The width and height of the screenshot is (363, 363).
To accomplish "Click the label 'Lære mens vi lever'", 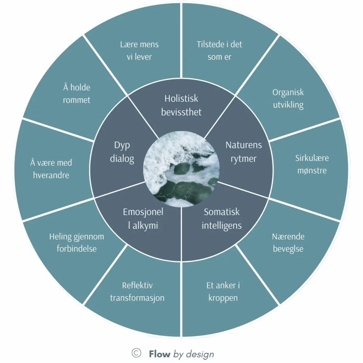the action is pyautogui.click(x=139, y=51).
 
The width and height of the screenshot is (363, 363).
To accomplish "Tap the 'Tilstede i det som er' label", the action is pyautogui.click(x=219, y=51).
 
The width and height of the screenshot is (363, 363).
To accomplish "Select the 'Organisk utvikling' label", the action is pyautogui.click(x=288, y=98).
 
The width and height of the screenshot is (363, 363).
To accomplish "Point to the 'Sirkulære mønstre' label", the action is pyautogui.click(x=312, y=164).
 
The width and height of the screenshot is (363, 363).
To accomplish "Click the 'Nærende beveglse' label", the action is pyautogui.click(x=288, y=242).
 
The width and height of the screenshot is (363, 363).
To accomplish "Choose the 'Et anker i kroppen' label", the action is pyautogui.click(x=223, y=292).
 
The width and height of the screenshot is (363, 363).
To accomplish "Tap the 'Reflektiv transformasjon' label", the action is pyautogui.click(x=137, y=292).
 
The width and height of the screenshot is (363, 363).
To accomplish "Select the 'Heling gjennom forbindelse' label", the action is pyautogui.click(x=76, y=242).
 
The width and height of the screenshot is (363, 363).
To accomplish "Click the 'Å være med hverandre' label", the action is pyautogui.click(x=51, y=169).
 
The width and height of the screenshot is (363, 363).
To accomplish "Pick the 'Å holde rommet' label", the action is pyautogui.click(x=76, y=93).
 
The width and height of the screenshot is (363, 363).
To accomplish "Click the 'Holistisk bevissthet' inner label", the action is pyautogui.click(x=181, y=105).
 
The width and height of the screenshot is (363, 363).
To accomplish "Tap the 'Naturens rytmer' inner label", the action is pyautogui.click(x=243, y=151).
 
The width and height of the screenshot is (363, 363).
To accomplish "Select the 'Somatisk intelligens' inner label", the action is pyautogui.click(x=222, y=219).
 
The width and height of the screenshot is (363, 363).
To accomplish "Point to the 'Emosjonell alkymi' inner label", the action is pyautogui.click(x=143, y=219).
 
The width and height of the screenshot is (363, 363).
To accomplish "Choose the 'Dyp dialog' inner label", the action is pyautogui.click(x=122, y=151).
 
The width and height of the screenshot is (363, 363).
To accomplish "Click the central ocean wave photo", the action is pyautogui.click(x=181, y=169).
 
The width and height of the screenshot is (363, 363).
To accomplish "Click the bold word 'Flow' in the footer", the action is pyautogui.click(x=159, y=354).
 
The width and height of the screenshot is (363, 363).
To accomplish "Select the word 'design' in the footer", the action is pyautogui.click(x=200, y=354).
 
